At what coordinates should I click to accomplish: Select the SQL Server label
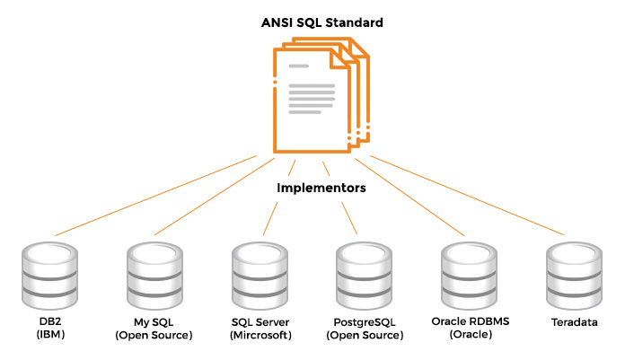click(x=259, y=321)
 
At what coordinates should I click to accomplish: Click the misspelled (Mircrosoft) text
click(x=259, y=335)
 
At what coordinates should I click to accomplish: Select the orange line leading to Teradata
click(x=467, y=195)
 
